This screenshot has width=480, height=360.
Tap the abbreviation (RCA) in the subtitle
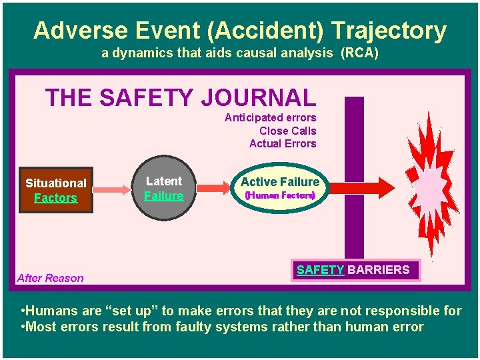coord(359,53)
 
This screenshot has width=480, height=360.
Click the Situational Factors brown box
coord(56,190)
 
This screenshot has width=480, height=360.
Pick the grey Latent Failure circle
coord(163,188)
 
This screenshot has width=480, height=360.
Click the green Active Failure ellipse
coord(280,188)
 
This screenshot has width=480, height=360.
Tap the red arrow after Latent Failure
coord(213,189)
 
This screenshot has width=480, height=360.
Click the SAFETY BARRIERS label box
coord(353,270)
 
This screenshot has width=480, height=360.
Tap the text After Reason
coord(51,278)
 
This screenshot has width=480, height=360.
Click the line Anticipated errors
coord(270,118)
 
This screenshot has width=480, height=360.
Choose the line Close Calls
coord(287,131)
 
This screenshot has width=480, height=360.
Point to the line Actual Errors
coord(283,143)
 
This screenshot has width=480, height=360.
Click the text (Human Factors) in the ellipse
coord(280,196)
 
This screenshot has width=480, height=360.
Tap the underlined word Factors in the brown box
coord(55,198)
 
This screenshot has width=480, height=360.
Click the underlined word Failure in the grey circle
coord(163,196)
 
